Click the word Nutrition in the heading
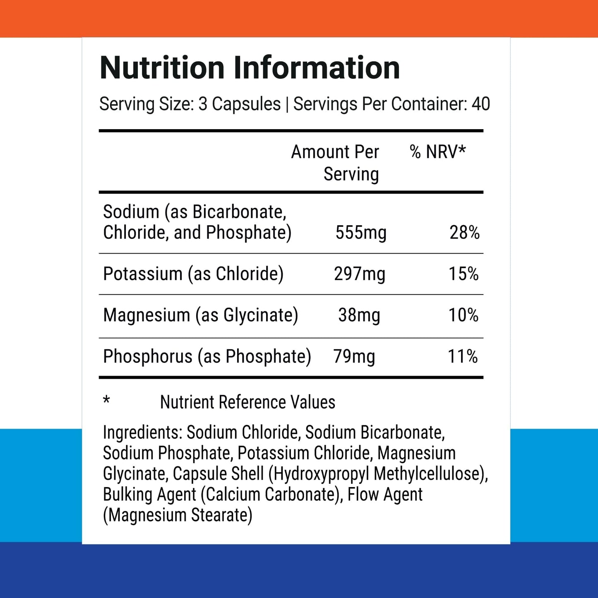pyautogui.click(x=162, y=68)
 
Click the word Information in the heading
pyautogui.click(x=317, y=68)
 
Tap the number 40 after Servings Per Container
pyautogui.click(x=480, y=104)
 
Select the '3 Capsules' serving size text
pyautogui.click(x=239, y=104)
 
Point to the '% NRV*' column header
pyautogui.click(x=437, y=152)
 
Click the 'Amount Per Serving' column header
pyautogui.click(x=335, y=163)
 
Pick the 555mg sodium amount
pyautogui.click(x=360, y=233)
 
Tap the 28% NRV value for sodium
pyautogui.click(x=464, y=233)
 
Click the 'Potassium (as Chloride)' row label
pyautogui.click(x=193, y=274)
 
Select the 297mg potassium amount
pyautogui.click(x=359, y=274)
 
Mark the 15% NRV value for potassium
pyautogui.click(x=464, y=274)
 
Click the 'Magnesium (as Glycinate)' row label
pyautogui.click(x=201, y=315)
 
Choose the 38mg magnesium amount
pyautogui.click(x=359, y=315)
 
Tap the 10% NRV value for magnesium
pyautogui.click(x=464, y=315)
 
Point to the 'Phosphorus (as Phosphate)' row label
pyautogui.click(x=207, y=357)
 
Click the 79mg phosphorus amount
pyautogui.click(x=354, y=357)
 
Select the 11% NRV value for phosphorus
pyautogui.click(x=463, y=357)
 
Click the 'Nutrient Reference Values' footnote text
pyautogui.click(x=247, y=402)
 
